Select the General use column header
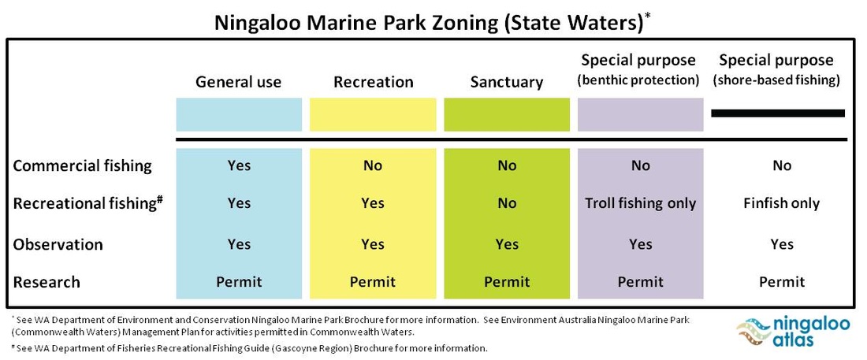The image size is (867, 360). pyautogui.click(x=238, y=83)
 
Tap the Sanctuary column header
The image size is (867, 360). pyautogui.click(x=507, y=83)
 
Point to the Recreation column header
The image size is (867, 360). pyautogui.click(x=374, y=83)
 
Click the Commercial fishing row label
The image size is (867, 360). pyautogui.click(x=83, y=166)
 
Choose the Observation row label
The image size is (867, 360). pyautogui.click(x=58, y=244)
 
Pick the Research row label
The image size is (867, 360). pyautogui.click(x=47, y=282)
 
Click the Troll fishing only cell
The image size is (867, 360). pyautogui.click(x=640, y=203)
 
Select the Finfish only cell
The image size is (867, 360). pyautogui.click(x=781, y=203)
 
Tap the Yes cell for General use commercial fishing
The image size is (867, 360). pyautogui.click(x=239, y=166)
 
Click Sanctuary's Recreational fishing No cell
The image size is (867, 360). pyautogui.click(x=507, y=203)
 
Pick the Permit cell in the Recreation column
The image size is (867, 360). pyautogui.click(x=373, y=282)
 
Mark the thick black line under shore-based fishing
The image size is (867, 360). pyautogui.click(x=778, y=113)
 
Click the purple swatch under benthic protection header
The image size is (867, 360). pyautogui.click(x=640, y=115)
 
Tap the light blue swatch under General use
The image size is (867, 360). pyautogui.click(x=239, y=115)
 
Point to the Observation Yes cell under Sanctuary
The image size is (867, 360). pyautogui.click(x=507, y=244)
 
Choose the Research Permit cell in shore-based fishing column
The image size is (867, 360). pyautogui.click(x=781, y=282)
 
